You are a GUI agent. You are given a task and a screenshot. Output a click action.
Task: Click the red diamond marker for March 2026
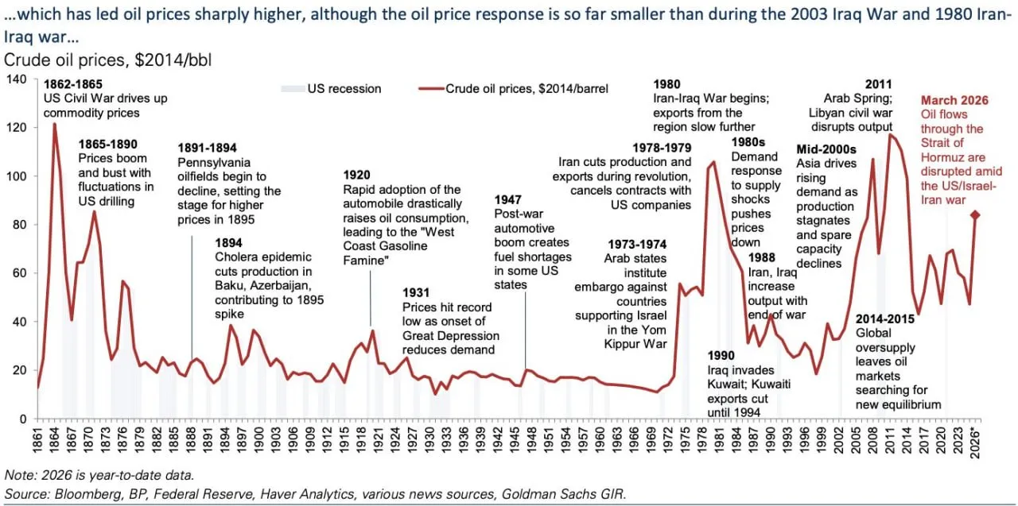[975, 214]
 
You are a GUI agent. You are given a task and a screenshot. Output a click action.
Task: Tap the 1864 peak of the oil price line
[54, 125]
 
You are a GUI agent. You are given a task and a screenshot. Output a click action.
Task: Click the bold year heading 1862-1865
[72, 84]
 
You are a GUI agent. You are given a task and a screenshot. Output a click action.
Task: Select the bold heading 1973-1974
[636, 244]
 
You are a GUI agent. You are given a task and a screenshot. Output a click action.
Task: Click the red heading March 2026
[954, 100]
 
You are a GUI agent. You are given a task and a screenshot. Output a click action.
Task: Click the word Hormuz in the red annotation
[942, 157]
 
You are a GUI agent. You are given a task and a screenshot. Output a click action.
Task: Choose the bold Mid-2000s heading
[826, 149]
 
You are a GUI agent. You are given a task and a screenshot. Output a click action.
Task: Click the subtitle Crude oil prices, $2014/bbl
[108, 60]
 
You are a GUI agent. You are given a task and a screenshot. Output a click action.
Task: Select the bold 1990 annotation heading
[721, 355]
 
